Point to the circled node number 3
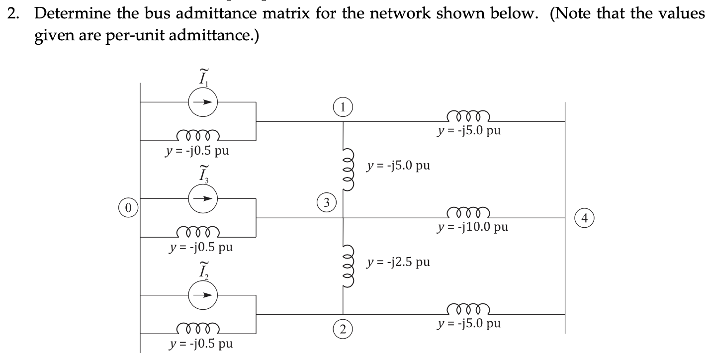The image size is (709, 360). tap(326, 202)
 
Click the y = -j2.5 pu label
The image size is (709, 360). tap(398, 262)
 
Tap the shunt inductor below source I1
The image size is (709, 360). tap(198, 135)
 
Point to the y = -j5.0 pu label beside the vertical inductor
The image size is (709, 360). tap(398, 166)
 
